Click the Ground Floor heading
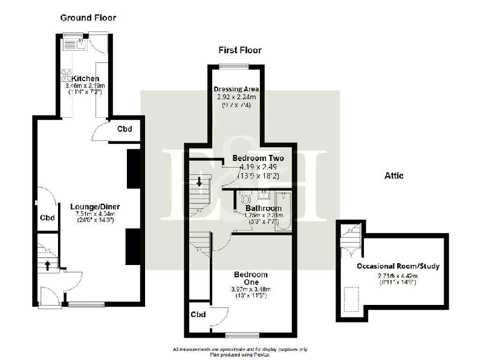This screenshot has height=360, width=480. [88, 18]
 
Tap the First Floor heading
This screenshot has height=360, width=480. [239, 50]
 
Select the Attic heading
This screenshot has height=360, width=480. [394, 176]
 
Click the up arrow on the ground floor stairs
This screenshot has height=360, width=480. [46, 264]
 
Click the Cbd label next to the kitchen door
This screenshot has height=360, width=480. [125, 129]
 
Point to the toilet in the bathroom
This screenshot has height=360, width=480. [244, 199]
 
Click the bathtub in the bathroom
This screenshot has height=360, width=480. [283, 212]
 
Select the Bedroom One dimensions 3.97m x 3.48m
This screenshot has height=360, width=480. [250, 289]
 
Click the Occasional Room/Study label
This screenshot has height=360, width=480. [398, 266]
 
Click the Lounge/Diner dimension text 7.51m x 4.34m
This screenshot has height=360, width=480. [89, 214]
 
